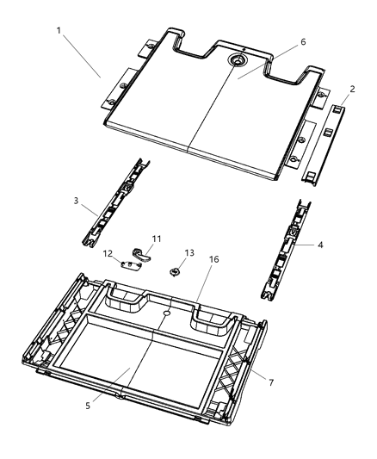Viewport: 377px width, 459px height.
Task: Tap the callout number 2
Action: tap(351, 89)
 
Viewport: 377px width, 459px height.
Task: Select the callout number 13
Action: tap(190, 253)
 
